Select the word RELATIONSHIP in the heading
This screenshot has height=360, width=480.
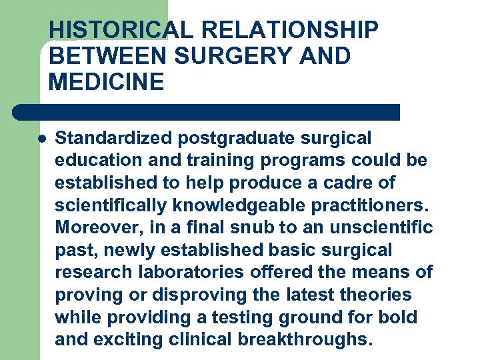289,31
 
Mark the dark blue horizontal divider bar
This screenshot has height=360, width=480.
207,112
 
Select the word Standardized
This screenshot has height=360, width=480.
113,139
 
